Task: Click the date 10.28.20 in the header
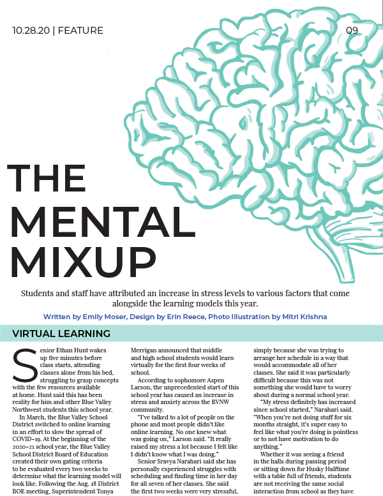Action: (x=31, y=31)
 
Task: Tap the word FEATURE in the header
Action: (x=80, y=31)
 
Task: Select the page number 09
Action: (x=352, y=31)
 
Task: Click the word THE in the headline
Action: (x=47, y=178)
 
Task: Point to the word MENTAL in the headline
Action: (x=103, y=222)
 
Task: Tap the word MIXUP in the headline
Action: (x=84, y=262)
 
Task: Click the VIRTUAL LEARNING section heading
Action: (x=61, y=333)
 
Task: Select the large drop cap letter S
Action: (x=25, y=365)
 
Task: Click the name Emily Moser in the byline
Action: (x=104, y=317)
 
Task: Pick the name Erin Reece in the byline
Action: (x=185, y=317)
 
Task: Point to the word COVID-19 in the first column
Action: (x=27, y=439)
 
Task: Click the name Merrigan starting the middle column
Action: (x=146, y=350)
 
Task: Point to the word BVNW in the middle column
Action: (x=222, y=402)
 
